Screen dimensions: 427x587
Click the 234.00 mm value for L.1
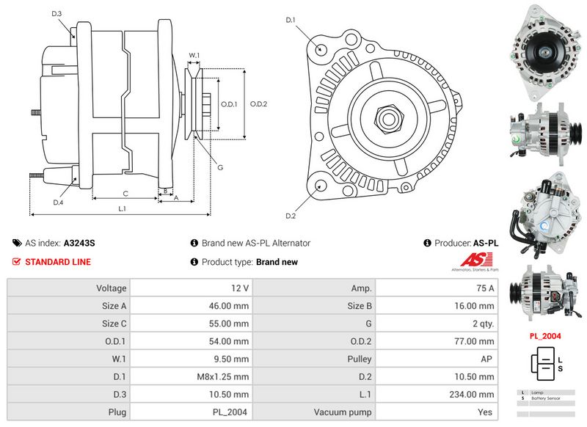477,395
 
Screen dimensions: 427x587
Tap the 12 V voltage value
239,288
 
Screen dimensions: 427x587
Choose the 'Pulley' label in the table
360,360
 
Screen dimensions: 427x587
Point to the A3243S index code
80,243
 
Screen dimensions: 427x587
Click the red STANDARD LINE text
58,262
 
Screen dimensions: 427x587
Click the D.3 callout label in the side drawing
57,14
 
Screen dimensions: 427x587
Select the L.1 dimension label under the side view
122,209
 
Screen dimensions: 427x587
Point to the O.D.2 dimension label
258,103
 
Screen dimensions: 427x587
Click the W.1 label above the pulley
194,55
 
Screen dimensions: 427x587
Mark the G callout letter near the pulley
219,167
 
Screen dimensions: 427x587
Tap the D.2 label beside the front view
290,215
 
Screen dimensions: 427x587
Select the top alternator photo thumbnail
544,50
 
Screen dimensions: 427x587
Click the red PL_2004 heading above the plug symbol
545,336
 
